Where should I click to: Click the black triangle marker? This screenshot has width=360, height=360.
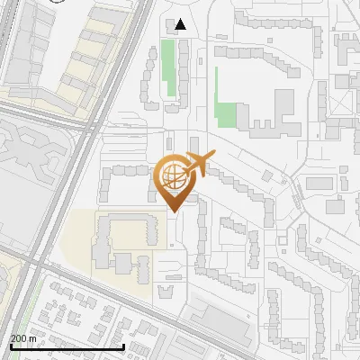tap(182, 25)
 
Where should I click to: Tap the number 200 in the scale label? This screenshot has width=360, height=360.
tap(20, 338)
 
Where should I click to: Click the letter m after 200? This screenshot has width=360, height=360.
tap(33, 338)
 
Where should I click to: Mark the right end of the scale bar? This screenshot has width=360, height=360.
tap(123, 346)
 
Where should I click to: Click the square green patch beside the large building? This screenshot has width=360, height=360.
tap(226, 115)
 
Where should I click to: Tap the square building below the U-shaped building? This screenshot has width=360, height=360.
tap(123, 263)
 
